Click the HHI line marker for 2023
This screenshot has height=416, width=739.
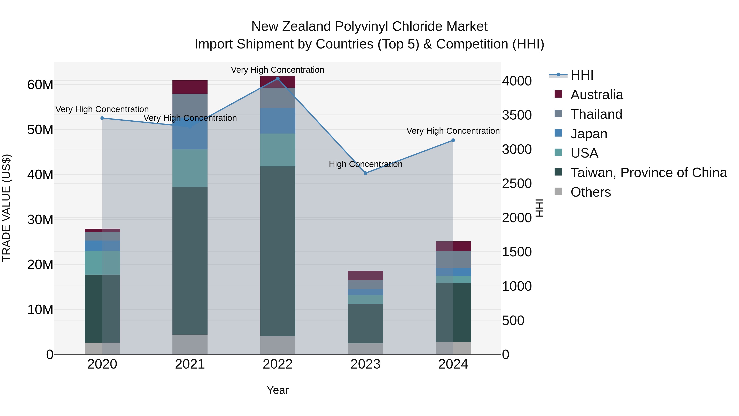[365, 173]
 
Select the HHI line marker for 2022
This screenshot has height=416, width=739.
[277, 78]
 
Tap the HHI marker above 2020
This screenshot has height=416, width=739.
[102, 118]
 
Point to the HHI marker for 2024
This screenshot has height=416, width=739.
[453, 140]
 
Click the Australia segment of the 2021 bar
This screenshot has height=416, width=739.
[190, 87]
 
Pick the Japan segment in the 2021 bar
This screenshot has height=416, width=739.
[190, 138]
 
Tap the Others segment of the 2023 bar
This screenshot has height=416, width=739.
[365, 349]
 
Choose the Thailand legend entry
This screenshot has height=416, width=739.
[596, 114]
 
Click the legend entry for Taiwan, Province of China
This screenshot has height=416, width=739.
[648, 173]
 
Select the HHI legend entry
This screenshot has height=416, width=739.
[582, 75]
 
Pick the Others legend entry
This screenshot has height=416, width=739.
[590, 192]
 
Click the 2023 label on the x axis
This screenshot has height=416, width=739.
[365, 364]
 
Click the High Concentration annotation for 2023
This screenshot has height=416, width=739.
[365, 164]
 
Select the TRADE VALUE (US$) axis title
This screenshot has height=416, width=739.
[6, 208]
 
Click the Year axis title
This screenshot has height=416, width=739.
[277, 390]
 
